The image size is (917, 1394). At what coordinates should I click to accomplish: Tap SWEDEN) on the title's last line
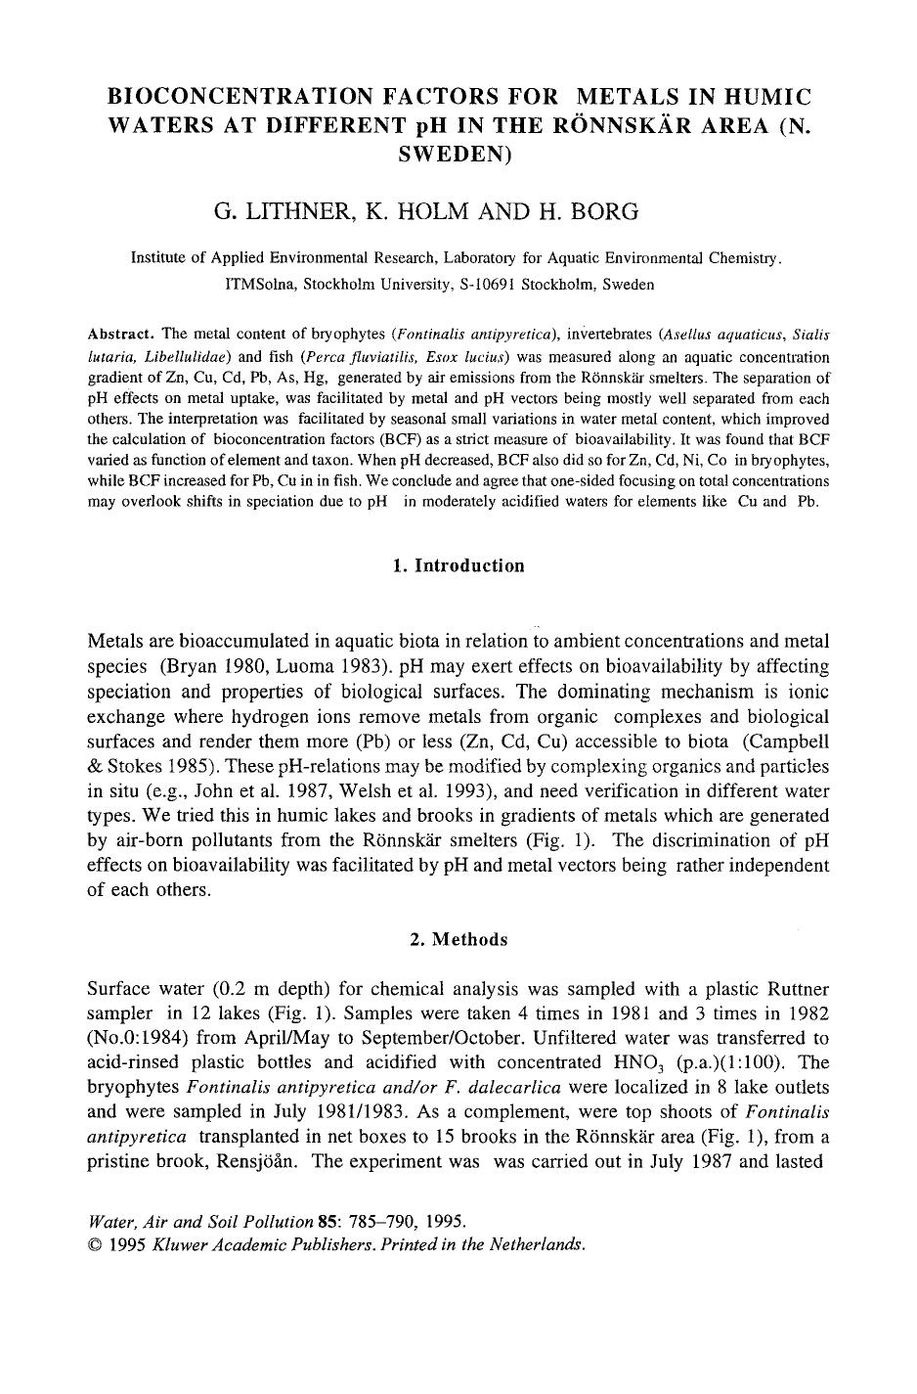[x=458, y=154]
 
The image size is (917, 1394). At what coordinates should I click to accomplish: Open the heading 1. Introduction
[x=458, y=565]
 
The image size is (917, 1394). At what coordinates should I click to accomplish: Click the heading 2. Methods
[x=458, y=939]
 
